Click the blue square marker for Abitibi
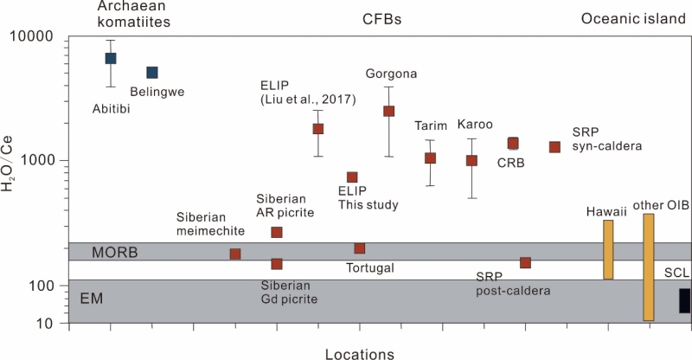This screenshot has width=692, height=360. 111,58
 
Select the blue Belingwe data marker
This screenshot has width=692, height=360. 151,73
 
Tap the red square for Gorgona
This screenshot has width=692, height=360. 389,111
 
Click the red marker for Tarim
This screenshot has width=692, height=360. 430,158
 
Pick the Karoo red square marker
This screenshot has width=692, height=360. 471,160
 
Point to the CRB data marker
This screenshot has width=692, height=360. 513,143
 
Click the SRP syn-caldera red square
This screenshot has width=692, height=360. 555,147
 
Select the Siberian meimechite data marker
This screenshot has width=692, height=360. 235,254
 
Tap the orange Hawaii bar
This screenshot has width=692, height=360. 608,249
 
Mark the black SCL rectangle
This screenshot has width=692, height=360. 684,300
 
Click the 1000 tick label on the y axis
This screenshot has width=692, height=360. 38,161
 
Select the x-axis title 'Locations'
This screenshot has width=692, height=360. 359,353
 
